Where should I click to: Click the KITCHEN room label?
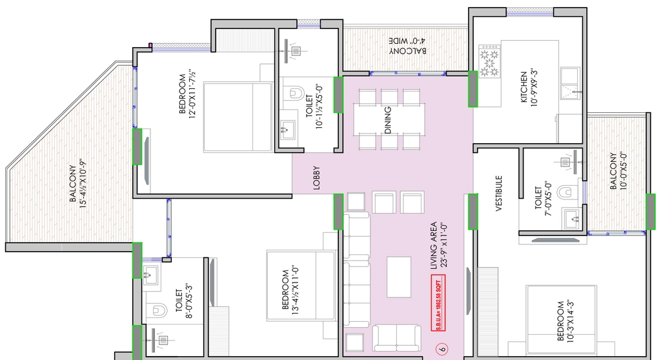point(524,87)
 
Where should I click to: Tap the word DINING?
point(388,120)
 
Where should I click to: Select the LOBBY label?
point(316,178)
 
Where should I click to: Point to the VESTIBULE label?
point(499,193)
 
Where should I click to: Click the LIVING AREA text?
point(434,246)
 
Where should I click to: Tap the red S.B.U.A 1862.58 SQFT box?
point(438,303)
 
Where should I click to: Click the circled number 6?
point(442,348)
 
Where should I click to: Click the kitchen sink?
point(571,83)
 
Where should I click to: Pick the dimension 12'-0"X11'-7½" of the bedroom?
point(192,94)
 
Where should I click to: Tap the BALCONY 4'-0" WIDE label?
point(407,46)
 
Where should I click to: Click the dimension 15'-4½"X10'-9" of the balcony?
point(83,183)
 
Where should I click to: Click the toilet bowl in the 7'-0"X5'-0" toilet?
point(565,193)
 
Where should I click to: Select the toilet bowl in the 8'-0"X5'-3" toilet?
point(155,311)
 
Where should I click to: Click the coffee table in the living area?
point(399,277)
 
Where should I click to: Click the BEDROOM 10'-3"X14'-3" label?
point(565,321)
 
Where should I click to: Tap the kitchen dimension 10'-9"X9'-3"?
point(534,87)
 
